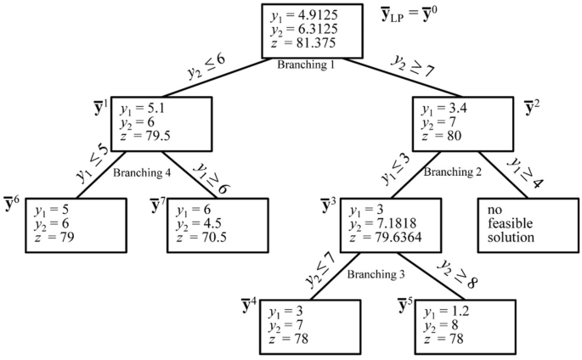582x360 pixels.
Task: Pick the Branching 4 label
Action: pos(142,172)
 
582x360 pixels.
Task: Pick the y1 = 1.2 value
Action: pos(444,311)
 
